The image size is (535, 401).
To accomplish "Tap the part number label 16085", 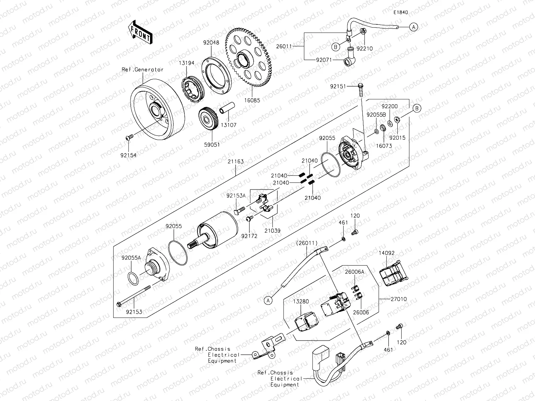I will (252, 100).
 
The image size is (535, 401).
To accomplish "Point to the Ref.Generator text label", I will (143, 70).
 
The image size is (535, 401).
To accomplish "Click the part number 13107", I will (229, 125).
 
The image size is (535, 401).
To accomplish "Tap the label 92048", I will (211, 42).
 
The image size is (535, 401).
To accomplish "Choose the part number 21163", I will (236, 161).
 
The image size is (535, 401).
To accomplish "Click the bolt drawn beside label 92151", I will (360, 90).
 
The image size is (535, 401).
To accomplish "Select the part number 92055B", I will (376, 115).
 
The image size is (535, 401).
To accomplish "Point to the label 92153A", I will (236, 195).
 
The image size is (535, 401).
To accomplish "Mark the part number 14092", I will (387, 253).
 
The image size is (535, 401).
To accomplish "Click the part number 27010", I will (399, 299).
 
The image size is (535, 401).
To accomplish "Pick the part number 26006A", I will (355, 272).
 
